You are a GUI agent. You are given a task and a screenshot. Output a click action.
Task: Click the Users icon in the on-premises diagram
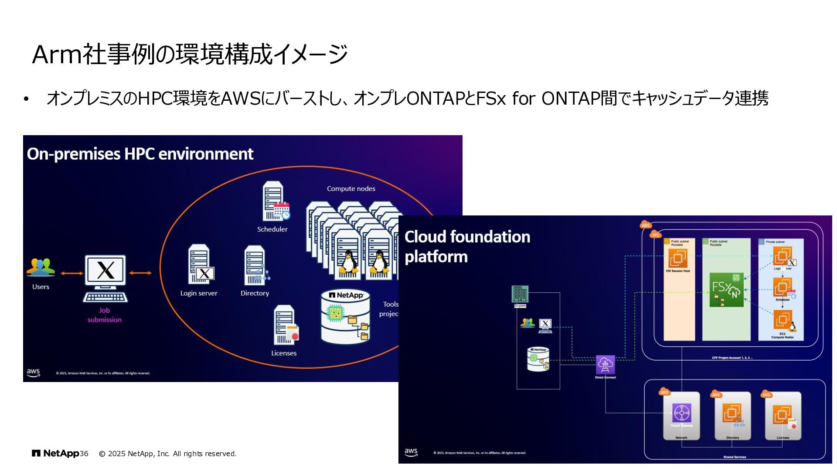41,267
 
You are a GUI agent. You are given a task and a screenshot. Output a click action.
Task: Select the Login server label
199,293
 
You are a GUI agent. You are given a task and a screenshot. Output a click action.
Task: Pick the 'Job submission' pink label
104,315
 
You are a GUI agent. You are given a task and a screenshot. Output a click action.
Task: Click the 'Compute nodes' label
351,188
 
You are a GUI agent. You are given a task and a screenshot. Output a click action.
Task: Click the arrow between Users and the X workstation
72,273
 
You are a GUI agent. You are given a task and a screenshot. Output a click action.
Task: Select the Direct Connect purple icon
605,365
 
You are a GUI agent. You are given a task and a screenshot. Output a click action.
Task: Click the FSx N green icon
726,290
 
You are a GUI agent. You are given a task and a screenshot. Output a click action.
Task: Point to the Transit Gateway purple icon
681,413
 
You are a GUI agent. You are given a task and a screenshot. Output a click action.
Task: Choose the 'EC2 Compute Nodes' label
782,335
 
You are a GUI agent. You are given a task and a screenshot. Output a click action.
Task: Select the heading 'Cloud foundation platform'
467,246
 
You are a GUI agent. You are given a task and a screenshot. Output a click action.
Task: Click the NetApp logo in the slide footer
55,454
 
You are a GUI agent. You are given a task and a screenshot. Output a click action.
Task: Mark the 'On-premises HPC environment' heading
140,154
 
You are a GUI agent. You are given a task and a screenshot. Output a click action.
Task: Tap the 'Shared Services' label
735,457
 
